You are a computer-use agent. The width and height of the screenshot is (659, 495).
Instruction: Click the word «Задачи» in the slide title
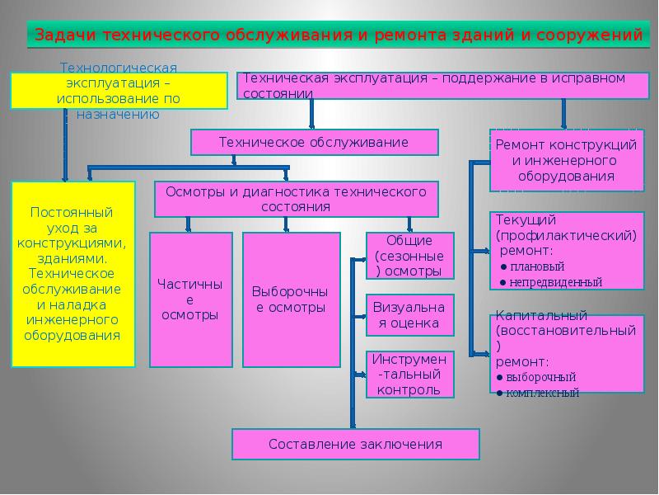click(62, 36)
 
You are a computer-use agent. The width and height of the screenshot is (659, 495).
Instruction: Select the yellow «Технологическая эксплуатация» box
click(119, 91)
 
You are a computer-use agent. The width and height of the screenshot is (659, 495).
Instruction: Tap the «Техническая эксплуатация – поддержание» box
click(432, 86)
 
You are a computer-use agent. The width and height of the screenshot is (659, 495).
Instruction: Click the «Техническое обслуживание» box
click(314, 142)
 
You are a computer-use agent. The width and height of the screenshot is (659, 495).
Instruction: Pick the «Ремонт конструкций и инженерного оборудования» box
click(567, 160)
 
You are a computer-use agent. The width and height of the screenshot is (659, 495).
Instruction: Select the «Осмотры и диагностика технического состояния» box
click(296, 199)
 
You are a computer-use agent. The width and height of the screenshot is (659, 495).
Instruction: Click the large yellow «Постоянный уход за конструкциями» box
click(72, 274)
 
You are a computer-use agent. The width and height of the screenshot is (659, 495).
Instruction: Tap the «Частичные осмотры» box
click(190, 299)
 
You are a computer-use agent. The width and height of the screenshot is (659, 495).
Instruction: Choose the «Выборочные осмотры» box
click(291, 299)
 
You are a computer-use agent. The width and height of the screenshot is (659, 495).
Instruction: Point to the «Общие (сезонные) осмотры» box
click(409, 256)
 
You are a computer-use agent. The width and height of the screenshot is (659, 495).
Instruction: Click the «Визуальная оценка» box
click(409, 314)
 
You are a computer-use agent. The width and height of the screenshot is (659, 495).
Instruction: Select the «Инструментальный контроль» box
click(409, 375)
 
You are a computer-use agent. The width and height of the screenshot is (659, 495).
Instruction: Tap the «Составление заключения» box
click(355, 444)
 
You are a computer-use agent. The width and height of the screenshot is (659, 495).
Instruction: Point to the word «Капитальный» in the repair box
click(530, 316)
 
